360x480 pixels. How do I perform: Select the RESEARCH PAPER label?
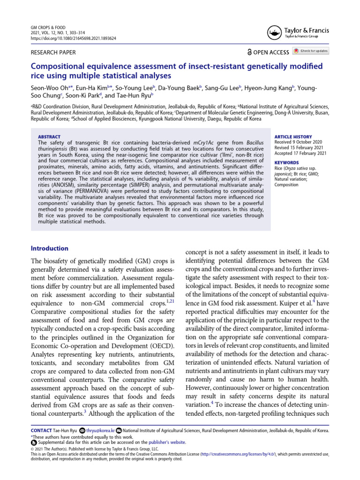pyautogui.click(x=52, y=52)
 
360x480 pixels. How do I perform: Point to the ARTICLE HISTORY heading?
pyautogui.click(x=293, y=136)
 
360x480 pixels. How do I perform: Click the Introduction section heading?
pyautogui.click(x=49, y=248)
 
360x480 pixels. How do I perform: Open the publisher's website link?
pyautogui.click(x=167, y=442)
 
